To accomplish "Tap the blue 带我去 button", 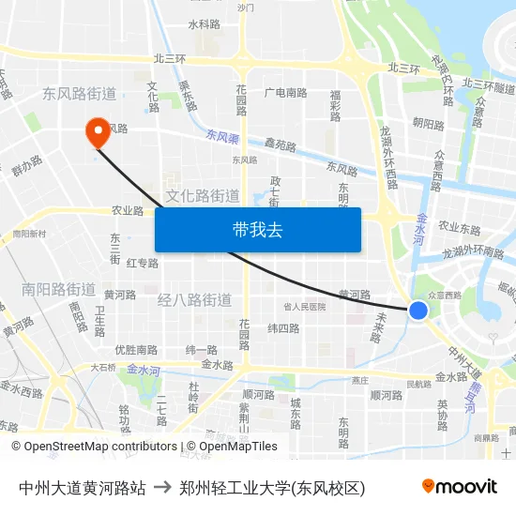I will click(x=257, y=229).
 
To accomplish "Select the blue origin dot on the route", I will click(x=418, y=310).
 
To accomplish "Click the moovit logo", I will click(x=459, y=486).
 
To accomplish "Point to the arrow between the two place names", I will click(x=161, y=487).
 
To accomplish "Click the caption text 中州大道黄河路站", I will click(x=82, y=487).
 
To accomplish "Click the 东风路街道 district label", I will click(x=79, y=94).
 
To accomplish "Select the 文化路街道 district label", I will click(x=203, y=195).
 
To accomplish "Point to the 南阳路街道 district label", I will click(x=58, y=289).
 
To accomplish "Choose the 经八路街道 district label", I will click(x=194, y=300).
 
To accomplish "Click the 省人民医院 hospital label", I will click(x=304, y=307).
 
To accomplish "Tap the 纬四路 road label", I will click(x=283, y=328).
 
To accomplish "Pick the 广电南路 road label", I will click(x=285, y=93).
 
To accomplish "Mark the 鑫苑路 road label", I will click(x=280, y=145).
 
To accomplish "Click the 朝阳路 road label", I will click(x=428, y=124).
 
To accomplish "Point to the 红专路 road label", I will click(x=143, y=263).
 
